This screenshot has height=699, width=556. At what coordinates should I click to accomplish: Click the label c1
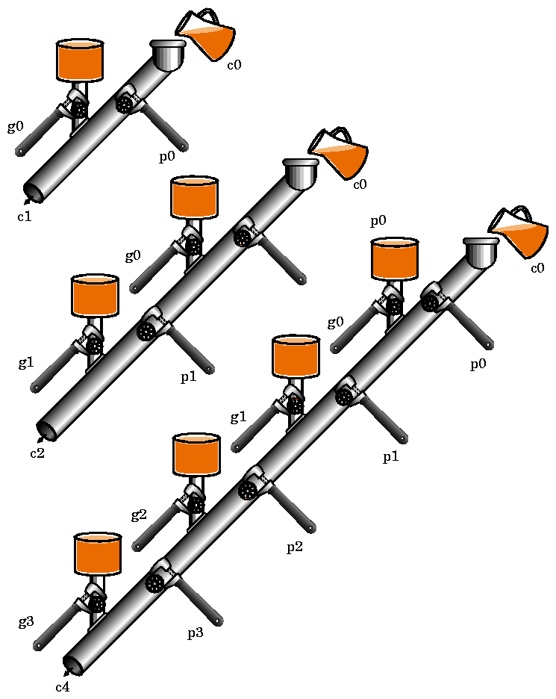coord(25,217)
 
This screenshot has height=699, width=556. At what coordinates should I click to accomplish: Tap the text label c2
coord(37,453)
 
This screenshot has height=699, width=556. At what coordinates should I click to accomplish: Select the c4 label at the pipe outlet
coord(63,687)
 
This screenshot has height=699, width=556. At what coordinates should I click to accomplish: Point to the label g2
coord(139,515)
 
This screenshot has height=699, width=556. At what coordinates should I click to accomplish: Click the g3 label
coord(26,622)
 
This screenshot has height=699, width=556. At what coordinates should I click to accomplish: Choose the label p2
coord(295,547)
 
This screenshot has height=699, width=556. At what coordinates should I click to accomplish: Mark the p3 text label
coord(196,633)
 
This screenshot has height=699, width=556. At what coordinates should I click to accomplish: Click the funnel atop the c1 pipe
coord(168,55)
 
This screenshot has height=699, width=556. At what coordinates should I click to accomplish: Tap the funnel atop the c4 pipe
coord(481,252)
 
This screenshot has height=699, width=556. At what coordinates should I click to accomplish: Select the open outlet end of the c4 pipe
coord(73,664)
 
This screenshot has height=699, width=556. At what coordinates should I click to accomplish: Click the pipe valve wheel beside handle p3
coord(154,582)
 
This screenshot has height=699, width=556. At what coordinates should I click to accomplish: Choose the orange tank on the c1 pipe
coord(80,61)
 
